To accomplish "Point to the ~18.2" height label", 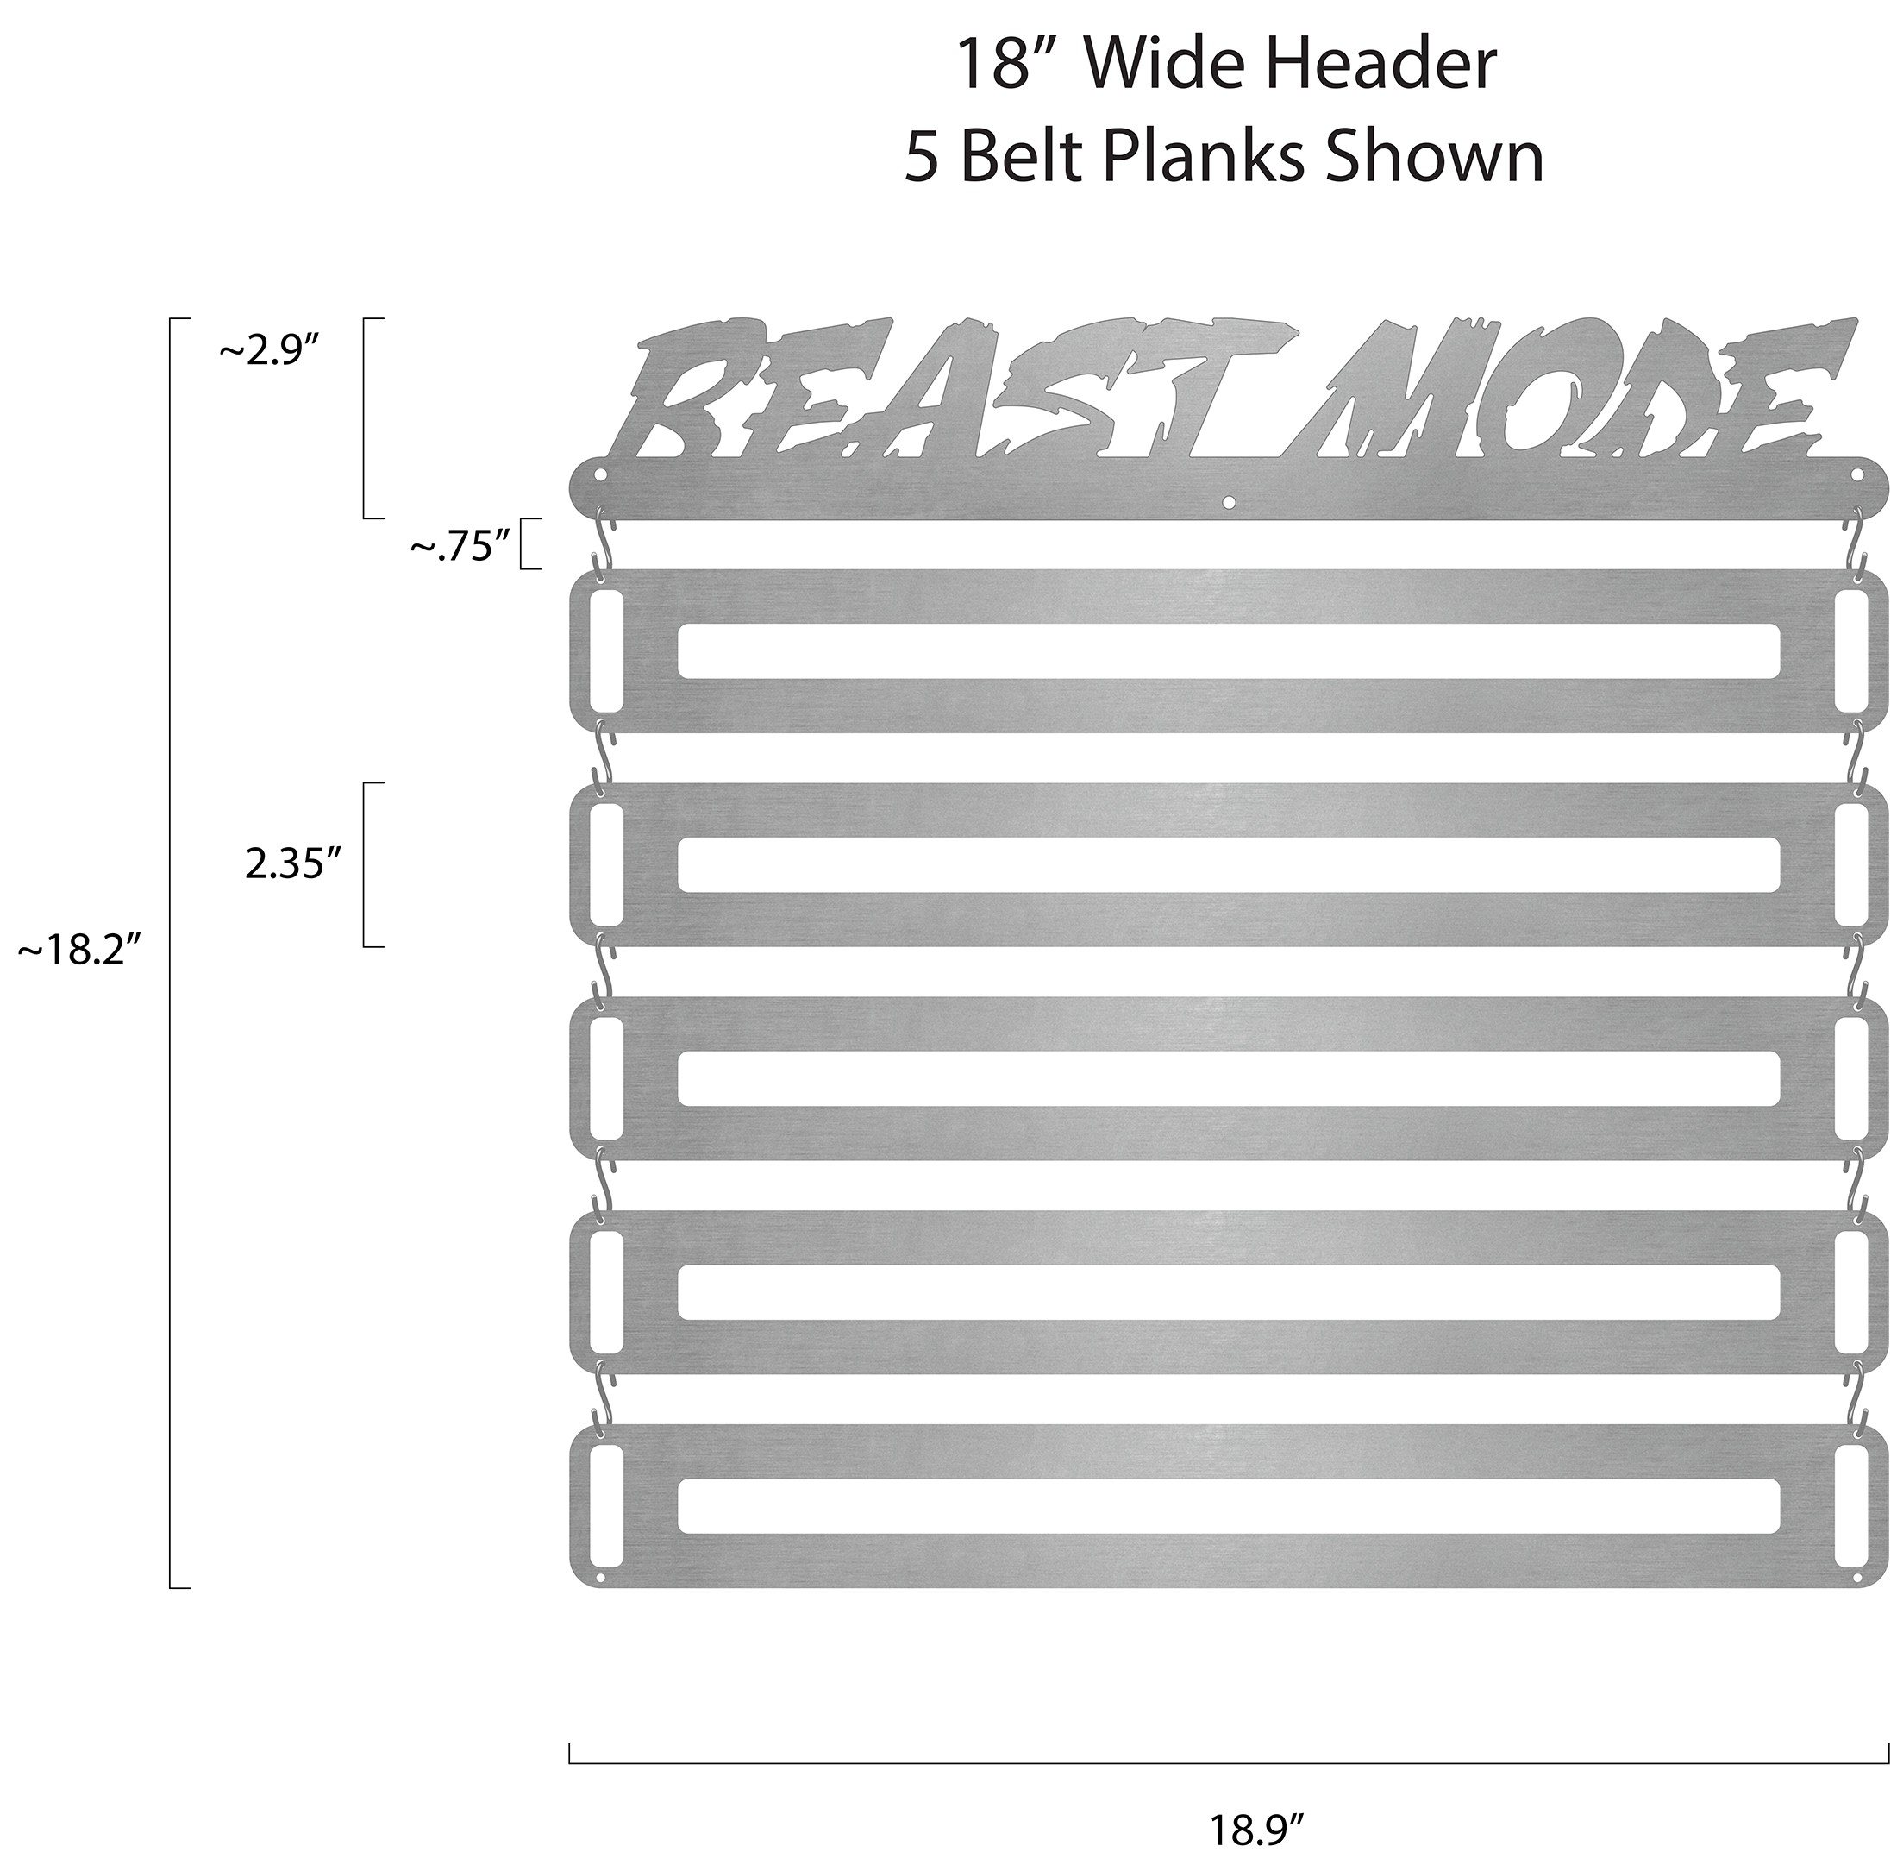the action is [80, 950].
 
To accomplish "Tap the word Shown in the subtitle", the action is [1435, 157].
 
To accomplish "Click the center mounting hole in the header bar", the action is [1229, 503].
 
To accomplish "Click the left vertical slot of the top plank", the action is [605, 650].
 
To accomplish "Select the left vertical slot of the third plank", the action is [605, 1078].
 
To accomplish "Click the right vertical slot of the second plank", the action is [1852, 865].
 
